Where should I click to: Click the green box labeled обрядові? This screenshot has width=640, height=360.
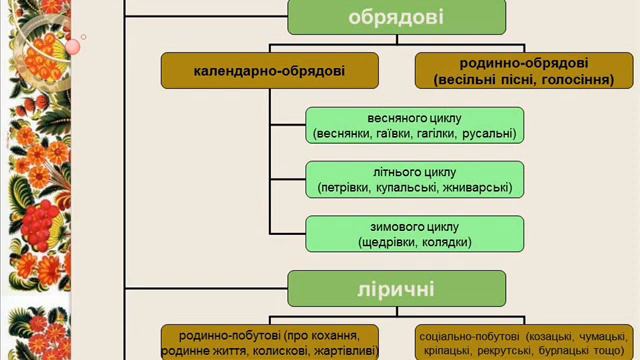(397, 17)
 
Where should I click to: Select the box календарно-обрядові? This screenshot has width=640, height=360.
(270, 72)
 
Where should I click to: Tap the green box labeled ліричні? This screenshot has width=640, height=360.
(397, 290)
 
